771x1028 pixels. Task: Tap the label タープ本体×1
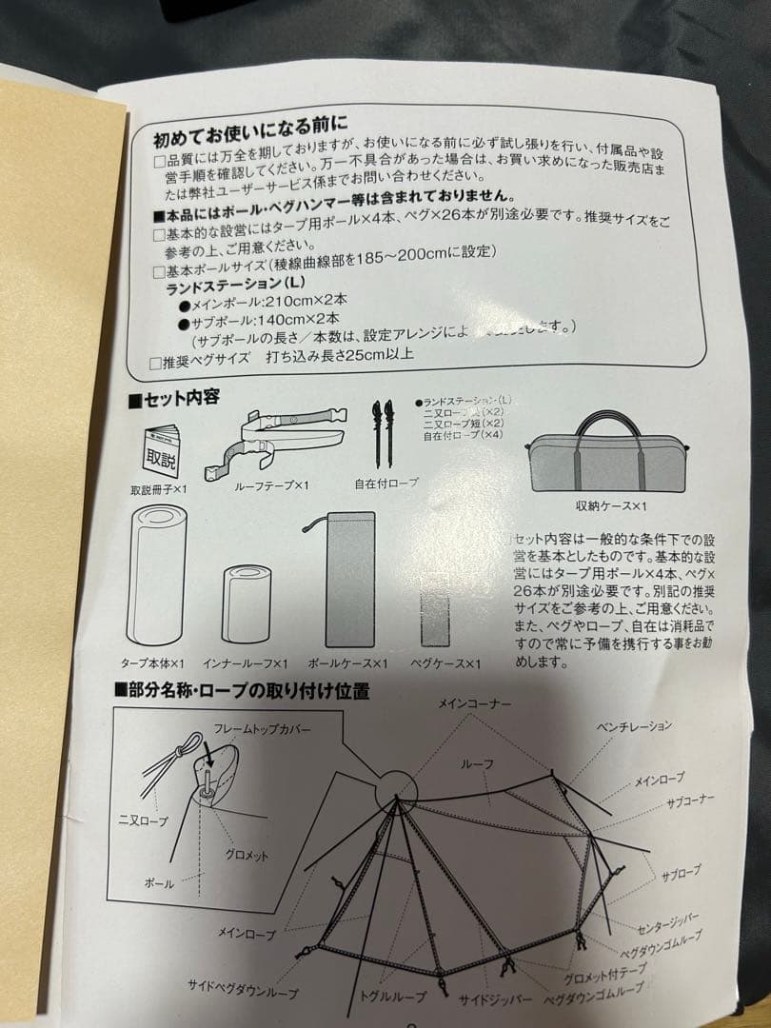152,662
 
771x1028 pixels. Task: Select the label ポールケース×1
349,662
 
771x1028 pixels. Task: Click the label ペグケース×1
445,663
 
